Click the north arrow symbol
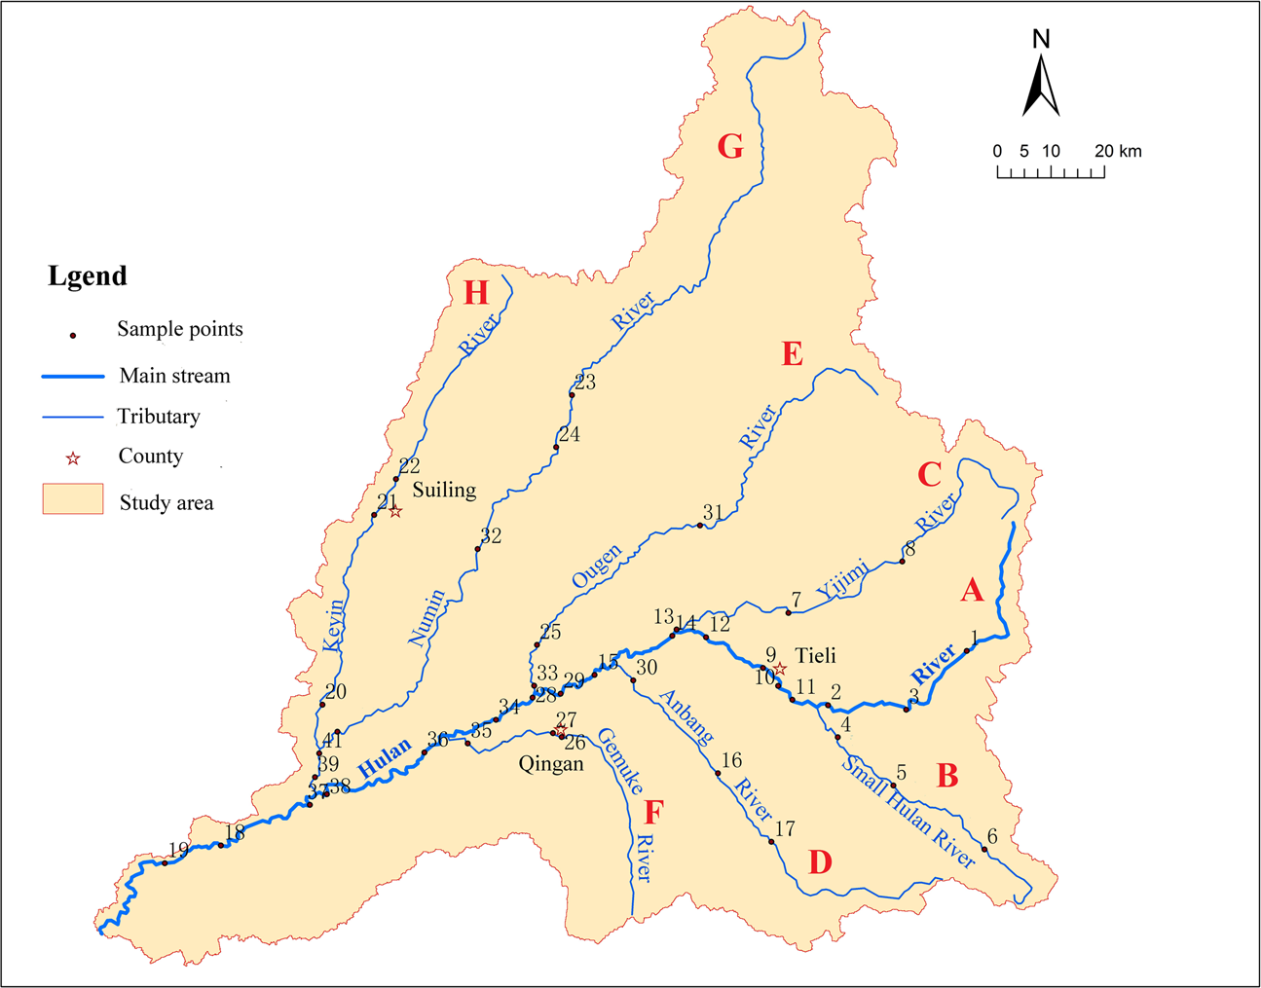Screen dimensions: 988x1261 tap(1041, 86)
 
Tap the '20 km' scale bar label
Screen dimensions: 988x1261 tap(1117, 152)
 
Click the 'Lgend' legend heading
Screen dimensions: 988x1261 tap(88, 276)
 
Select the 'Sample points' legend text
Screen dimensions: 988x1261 tap(180, 329)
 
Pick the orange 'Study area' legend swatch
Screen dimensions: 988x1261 tap(73, 498)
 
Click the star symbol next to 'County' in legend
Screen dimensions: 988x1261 tap(72, 457)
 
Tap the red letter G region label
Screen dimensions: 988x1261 tap(730, 146)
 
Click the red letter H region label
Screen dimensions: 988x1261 tap(476, 292)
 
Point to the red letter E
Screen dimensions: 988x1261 tap(793, 354)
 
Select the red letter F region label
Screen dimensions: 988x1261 tap(653, 812)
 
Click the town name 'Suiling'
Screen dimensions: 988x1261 tap(444, 490)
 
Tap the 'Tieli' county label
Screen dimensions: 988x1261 tap(815, 655)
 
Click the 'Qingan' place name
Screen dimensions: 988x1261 tap(551, 764)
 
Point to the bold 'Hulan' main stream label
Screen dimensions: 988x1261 tap(385, 758)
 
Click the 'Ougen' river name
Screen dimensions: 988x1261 tap(596, 567)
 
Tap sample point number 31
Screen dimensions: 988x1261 tap(700, 526)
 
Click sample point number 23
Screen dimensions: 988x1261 tap(573, 394)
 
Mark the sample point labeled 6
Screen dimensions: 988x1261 tap(984, 850)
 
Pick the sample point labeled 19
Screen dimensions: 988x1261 tap(165, 863)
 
